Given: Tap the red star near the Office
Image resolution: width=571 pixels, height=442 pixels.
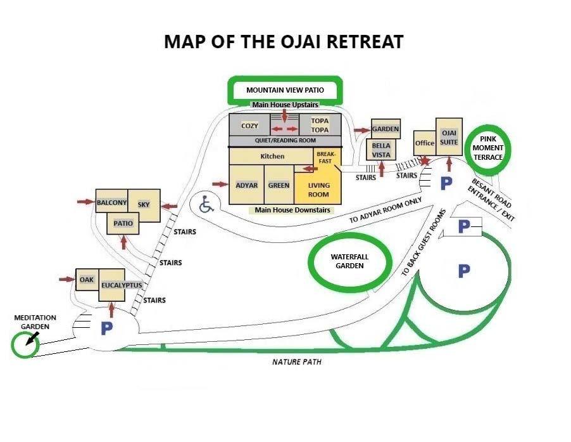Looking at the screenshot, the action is pyautogui.click(x=425, y=160).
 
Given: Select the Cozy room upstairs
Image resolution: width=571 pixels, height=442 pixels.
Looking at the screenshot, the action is pyautogui.click(x=249, y=125).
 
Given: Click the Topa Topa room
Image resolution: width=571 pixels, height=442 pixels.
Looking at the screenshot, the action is pyautogui.click(x=320, y=125).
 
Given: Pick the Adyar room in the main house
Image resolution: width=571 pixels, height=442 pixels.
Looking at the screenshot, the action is pyautogui.click(x=246, y=185).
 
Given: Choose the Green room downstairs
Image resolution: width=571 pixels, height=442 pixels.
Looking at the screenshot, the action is pyautogui.click(x=279, y=185).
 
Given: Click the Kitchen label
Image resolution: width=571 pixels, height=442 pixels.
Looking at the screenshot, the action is pyautogui.click(x=272, y=156).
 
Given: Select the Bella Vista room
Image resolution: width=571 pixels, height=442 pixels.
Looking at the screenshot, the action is pyautogui.click(x=381, y=150).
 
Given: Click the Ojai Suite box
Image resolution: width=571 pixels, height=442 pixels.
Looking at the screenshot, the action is pyautogui.click(x=449, y=137).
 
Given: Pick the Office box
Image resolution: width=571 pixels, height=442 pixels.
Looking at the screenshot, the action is pyautogui.click(x=425, y=143).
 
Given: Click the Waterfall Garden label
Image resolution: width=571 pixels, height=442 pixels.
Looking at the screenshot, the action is pyautogui.click(x=349, y=261).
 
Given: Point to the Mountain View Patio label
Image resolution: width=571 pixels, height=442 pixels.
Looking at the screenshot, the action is pyautogui.click(x=285, y=90).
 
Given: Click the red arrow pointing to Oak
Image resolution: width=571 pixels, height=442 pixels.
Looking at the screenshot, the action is pyautogui.click(x=66, y=280).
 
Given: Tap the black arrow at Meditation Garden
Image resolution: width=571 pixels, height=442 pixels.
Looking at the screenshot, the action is pyautogui.click(x=32, y=339).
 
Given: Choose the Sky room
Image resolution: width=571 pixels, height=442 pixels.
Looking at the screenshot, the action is pyautogui.click(x=144, y=205).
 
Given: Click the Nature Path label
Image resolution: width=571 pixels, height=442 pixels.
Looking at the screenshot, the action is pyautogui.click(x=297, y=361).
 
